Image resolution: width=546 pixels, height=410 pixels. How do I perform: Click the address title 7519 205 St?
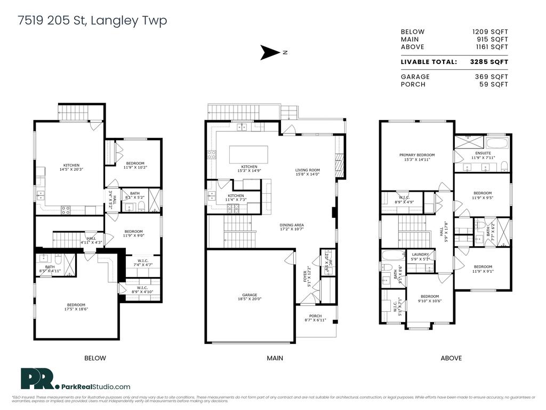[92, 21]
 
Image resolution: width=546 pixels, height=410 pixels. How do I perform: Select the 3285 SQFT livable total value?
[489, 62]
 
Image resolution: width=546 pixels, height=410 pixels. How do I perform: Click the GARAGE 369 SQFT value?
[492, 77]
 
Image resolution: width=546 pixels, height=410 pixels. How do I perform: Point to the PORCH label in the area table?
[413, 84]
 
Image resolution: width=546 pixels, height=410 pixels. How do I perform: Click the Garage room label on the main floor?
[250, 297]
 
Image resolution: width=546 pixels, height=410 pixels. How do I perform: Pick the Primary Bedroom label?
[417, 157]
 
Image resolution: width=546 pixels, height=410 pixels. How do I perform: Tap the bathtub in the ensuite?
[497, 143]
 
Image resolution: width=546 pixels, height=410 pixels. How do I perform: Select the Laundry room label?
[420, 257]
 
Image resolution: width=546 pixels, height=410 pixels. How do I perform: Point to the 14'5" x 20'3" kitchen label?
[72, 168]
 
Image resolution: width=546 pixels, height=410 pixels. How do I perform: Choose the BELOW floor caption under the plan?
[95, 358]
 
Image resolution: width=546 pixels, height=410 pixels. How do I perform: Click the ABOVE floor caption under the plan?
[451, 358]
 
